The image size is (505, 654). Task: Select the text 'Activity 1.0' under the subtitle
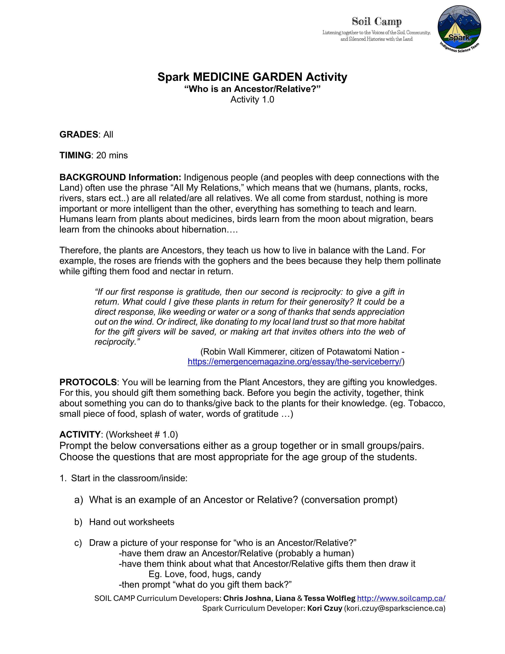(x=252, y=99)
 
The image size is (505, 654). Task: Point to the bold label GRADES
(x=79, y=134)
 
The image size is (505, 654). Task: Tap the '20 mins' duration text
(x=112, y=155)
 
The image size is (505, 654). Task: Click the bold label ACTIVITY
(x=80, y=434)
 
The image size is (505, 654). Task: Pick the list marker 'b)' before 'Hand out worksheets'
(x=78, y=522)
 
